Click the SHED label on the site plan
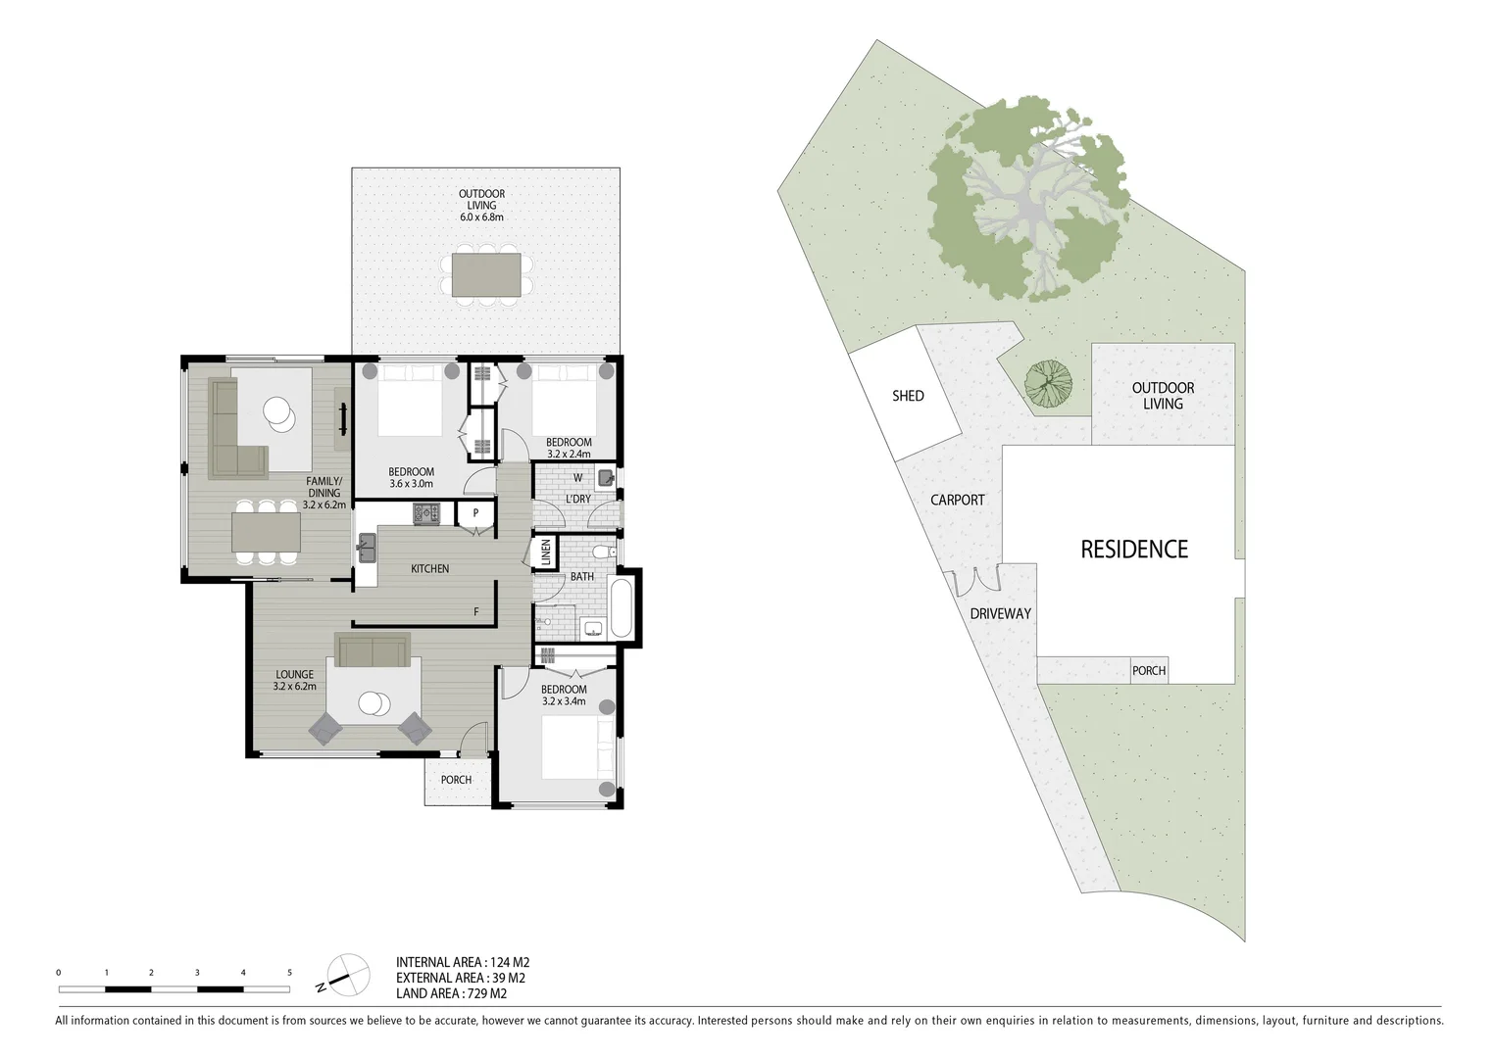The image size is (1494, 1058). click(907, 396)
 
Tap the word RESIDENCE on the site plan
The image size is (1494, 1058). click(1133, 550)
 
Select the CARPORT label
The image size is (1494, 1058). click(957, 500)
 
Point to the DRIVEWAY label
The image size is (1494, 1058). click(1000, 614)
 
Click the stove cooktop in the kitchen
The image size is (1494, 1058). click(426, 512)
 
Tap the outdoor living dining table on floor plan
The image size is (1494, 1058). click(486, 274)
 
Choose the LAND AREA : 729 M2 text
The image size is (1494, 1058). click(451, 993)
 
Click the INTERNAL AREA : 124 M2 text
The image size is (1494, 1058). click(463, 962)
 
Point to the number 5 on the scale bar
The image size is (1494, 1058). click(289, 973)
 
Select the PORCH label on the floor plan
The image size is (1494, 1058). click(456, 780)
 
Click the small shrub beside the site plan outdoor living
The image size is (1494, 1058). click(1048, 381)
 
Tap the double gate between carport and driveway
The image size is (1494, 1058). click(971, 582)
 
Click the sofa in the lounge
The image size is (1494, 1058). click(372, 649)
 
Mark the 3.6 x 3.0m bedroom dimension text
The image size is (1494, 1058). click(411, 484)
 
